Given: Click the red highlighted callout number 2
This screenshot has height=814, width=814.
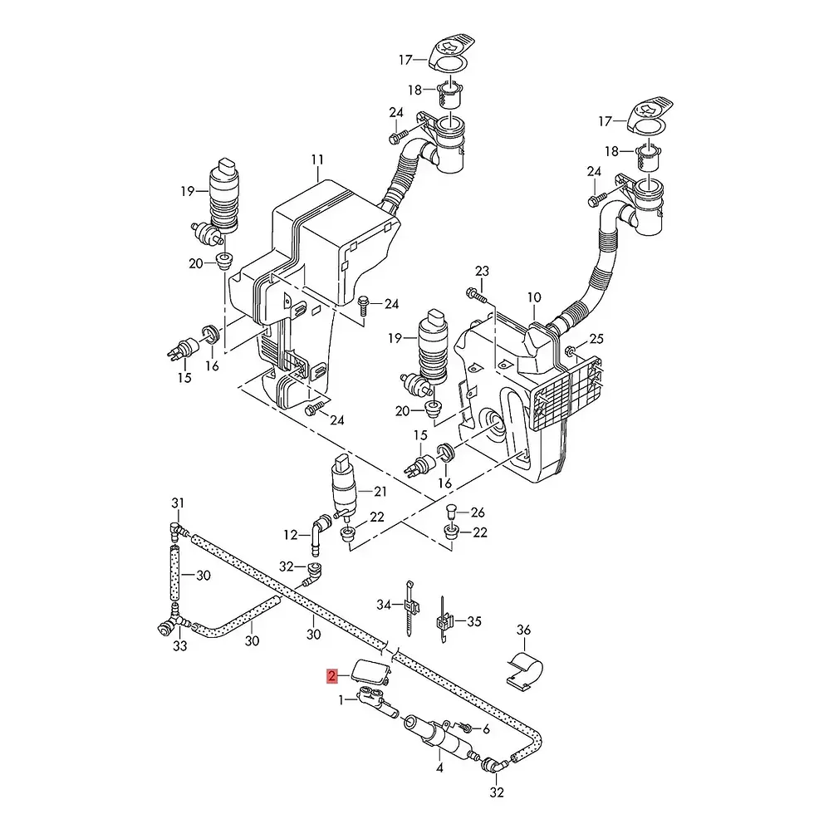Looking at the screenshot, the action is click(331, 676).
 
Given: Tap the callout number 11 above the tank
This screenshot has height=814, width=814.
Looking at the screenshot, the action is click(317, 159).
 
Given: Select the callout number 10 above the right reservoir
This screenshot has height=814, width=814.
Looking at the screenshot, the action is click(534, 297).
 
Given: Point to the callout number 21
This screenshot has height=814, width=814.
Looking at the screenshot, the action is click(380, 491).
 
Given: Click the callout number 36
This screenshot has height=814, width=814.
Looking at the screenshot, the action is click(524, 630).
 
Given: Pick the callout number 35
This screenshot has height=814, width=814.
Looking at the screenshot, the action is click(474, 621).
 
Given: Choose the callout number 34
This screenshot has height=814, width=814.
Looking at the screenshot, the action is click(384, 605).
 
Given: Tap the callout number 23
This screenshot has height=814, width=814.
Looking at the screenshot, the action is click(483, 271).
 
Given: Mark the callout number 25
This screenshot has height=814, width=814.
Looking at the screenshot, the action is click(597, 339).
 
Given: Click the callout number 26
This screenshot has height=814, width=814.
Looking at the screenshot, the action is click(478, 512).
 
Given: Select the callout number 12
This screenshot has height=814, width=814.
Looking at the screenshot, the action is click(291, 535).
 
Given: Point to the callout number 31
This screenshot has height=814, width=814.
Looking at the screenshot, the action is click(178, 503).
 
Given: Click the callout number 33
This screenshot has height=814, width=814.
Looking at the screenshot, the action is click(179, 646).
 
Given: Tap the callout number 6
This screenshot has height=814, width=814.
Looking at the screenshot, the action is click(487, 729).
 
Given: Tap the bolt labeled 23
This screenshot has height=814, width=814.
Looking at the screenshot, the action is click(476, 295).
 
